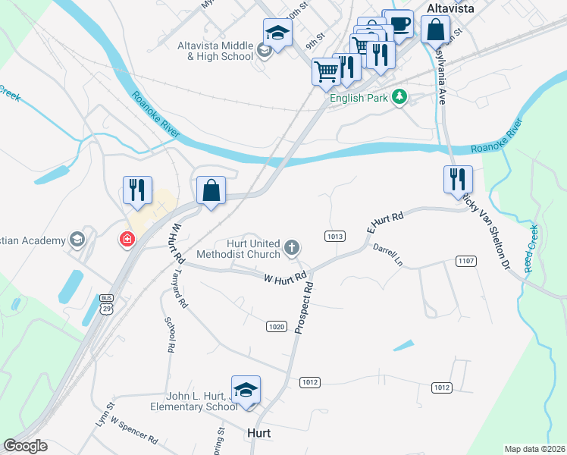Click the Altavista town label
click(x=450, y=8)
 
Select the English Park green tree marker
click(x=399, y=97)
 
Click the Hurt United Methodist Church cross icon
click(x=291, y=247)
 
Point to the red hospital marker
click(x=127, y=240)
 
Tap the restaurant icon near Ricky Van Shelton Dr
click(x=458, y=179)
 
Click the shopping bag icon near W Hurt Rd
click(x=211, y=190)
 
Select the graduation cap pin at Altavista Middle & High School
click(x=277, y=33)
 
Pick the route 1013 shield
click(x=336, y=237)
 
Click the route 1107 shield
click(x=465, y=261)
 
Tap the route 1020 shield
click(x=276, y=327)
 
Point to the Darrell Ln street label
click(x=387, y=255)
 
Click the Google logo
click(x=24, y=446)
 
